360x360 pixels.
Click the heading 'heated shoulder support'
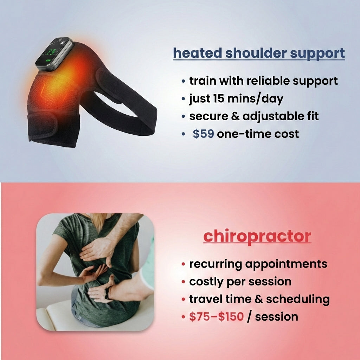coord(259,53)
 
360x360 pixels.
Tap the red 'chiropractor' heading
coord(257,237)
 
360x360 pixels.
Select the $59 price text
coord(203,134)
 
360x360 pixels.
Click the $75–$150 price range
coord(216,317)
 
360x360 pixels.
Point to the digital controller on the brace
coord(55,54)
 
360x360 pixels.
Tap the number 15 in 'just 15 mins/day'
coord(219,98)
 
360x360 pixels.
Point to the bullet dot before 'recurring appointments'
coord(183,264)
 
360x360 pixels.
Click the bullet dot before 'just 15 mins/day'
coord(183,99)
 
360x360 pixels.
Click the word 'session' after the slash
coord(276,317)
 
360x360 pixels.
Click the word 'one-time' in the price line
coord(244,134)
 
